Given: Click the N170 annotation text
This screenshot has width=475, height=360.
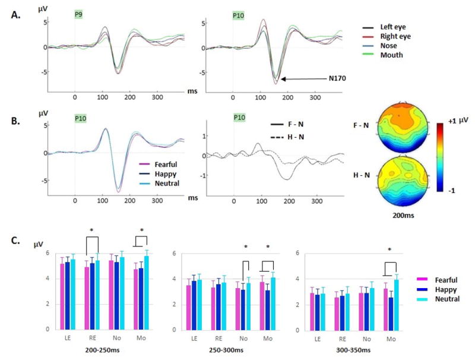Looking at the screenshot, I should [338, 78].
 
